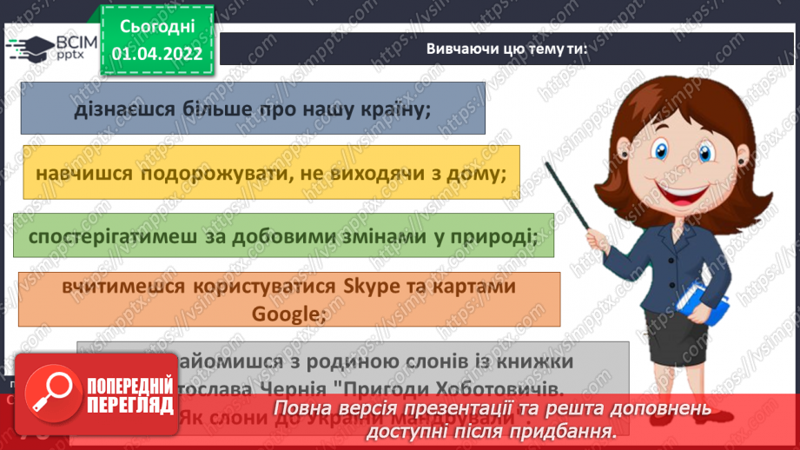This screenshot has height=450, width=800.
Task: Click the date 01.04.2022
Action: tap(156, 54)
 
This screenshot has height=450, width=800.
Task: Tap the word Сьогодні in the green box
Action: tap(156, 27)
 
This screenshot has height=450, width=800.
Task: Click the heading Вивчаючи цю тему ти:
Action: tap(507, 49)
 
